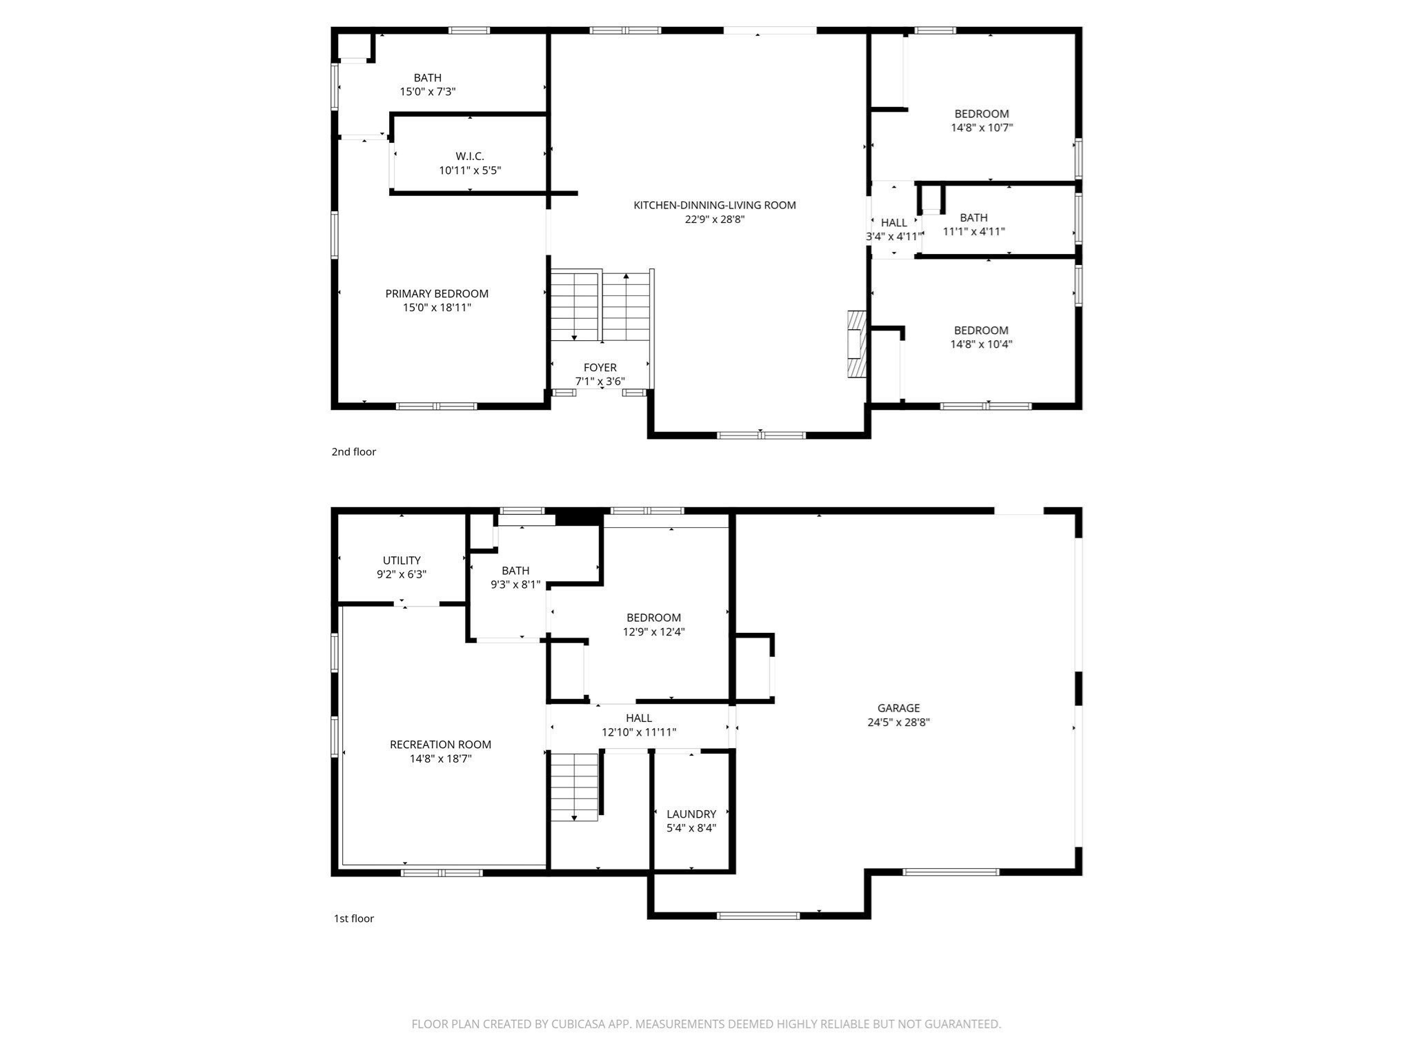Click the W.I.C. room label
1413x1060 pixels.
pyautogui.click(x=470, y=157)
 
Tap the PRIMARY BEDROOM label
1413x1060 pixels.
pyautogui.click(x=437, y=293)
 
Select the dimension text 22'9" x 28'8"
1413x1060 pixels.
pyautogui.click(x=714, y=219)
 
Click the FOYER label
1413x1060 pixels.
pyautogui.click(x=600, y=367)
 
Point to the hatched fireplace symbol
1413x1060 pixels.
pyautogui.click(x=856, y=344)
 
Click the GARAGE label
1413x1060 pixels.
pyautogui.click(x=898, y=708)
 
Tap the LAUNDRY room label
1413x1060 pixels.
pyautogui.click(x=691, y=814)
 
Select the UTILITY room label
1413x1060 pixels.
pyautogui.click(x=402, y=560)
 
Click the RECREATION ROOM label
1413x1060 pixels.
pyautogui.click(x=440, y=744)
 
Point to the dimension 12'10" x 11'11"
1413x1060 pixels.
pyautogui.click(x=639, y=732)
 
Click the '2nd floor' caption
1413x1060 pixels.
pyautogui.click(x=353, y=452)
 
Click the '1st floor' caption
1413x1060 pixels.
pyautogui.click(x=353, y=919)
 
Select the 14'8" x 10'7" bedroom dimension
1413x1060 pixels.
pyautogui.click(x=981, y=128)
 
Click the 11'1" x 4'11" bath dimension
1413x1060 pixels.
pyautogui.click(x=973, y=232)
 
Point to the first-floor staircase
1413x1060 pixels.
pyautogui.click(x=574, y=787)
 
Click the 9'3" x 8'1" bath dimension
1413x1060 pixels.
pyautogui.click(x=515, y=585)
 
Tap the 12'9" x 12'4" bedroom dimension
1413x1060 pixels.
pyautogui.click(x=653, y=631)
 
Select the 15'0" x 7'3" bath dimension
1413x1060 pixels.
pyautogui.click(x=427, y=92)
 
